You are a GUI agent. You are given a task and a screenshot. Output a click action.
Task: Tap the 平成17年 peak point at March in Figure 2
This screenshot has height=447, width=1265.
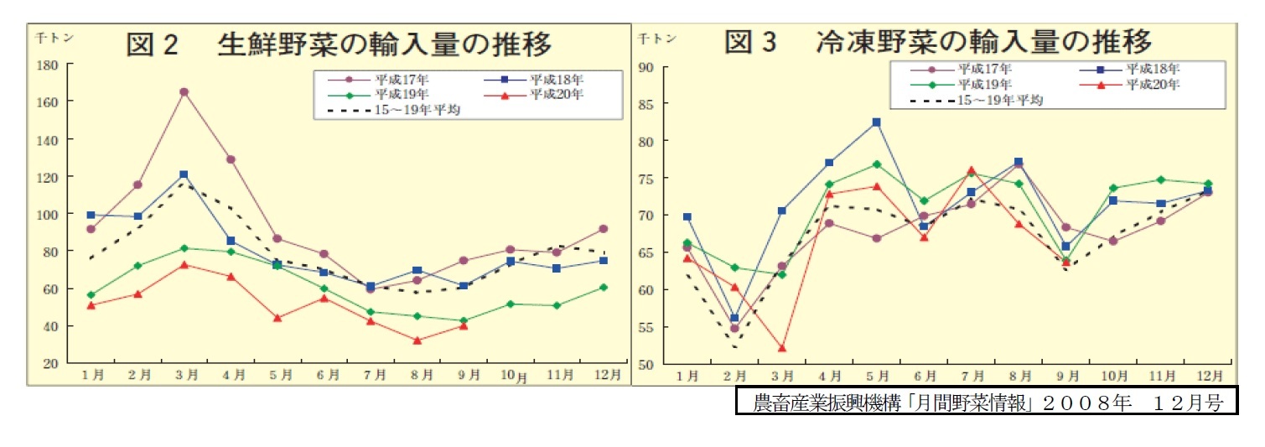click(184, 92)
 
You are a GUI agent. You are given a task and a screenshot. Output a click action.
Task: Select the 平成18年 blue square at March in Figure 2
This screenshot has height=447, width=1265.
click(184, 174)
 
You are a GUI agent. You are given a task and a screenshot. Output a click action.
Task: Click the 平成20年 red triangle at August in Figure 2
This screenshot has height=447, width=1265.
click(417, 340)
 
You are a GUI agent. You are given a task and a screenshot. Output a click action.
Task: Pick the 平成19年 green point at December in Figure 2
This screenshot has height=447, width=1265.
click(604, 287)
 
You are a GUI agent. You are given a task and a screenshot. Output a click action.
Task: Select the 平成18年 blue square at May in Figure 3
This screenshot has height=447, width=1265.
click(876, 122)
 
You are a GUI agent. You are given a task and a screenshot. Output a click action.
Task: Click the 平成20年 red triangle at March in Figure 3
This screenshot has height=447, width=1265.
click(781, 348)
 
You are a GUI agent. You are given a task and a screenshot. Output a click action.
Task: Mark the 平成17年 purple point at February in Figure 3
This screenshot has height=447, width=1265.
click(734, 328)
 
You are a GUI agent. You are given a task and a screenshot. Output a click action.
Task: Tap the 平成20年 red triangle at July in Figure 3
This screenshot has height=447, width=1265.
click(971, 170)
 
